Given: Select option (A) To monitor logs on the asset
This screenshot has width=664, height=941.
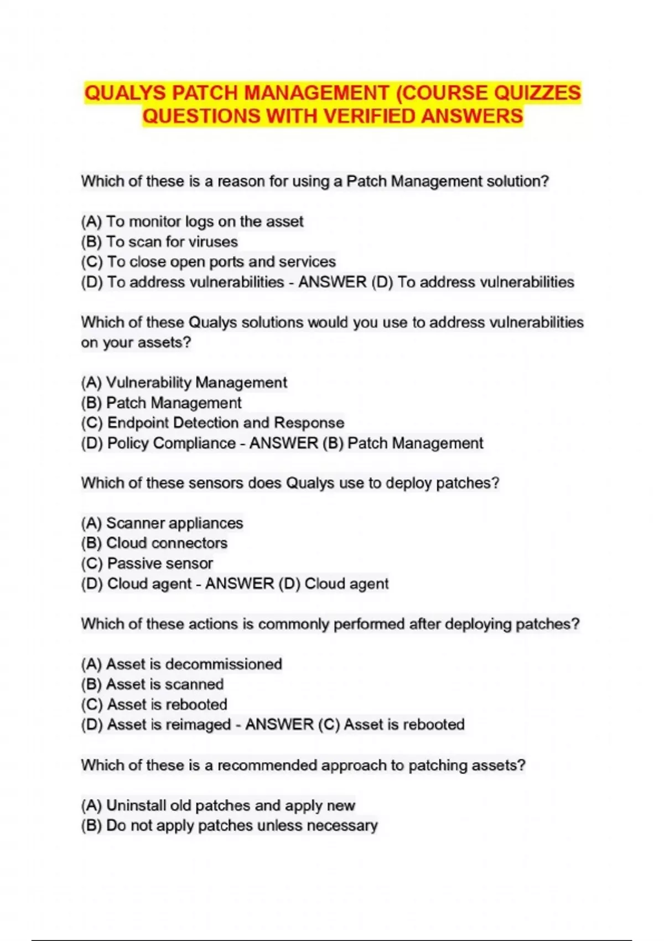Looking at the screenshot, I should click(192, 221).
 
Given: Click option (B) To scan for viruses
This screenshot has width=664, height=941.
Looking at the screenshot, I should click(159, 242).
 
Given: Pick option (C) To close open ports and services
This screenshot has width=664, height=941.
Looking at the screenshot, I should click(208, 262).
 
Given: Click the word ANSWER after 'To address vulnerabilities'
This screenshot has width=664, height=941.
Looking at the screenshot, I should click(333, 282).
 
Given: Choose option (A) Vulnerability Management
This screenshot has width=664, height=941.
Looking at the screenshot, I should click(184, 382).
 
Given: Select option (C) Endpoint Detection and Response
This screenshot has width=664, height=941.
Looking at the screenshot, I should click(212, 423).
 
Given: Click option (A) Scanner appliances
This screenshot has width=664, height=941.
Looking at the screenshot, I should click(162, 523).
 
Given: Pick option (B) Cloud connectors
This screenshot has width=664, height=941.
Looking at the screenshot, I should click(154, 543).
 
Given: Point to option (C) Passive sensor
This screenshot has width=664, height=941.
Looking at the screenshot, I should click(147, 563).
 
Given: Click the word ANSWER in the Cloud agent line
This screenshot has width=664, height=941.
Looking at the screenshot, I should click(240, 584).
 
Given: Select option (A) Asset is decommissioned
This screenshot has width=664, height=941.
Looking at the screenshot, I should click(181, 664).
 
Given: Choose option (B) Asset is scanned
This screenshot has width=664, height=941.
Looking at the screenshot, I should click(152, 684).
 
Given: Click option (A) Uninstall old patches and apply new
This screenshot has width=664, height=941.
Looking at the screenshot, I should click(218, 805).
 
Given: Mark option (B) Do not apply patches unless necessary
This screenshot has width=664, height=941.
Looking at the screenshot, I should click(229, 825).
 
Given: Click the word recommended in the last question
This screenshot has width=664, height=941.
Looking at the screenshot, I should click(267, 766).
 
